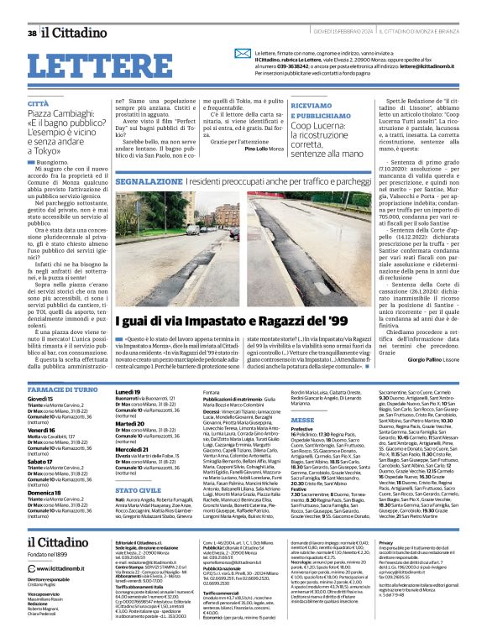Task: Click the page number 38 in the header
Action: (x=31, y=34)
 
